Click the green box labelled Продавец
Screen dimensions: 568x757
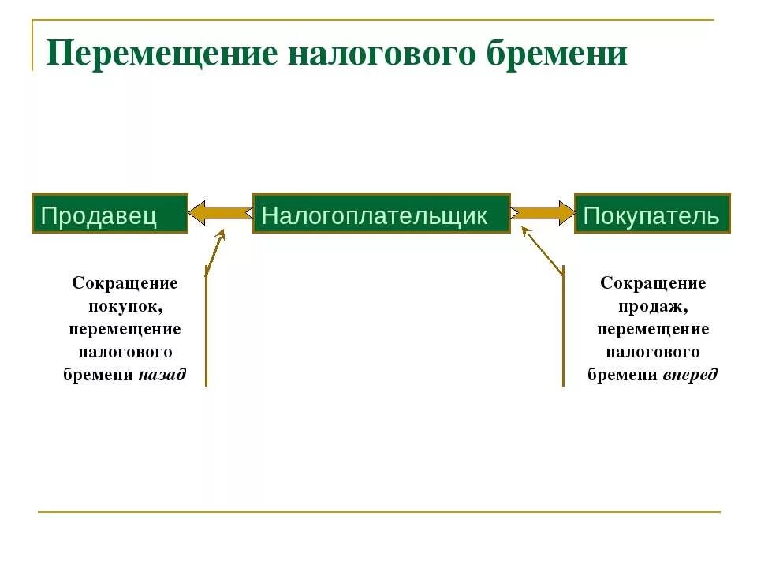(110, 214)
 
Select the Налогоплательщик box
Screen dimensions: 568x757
(381, 214)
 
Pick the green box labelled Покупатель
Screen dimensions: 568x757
(652, 214)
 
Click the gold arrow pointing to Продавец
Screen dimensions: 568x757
(219, 213)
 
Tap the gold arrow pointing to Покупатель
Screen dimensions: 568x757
(543, 213)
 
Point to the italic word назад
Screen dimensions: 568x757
(162, 375)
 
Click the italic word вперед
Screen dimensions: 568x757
(690, 375)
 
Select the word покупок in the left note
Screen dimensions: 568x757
(125, 306)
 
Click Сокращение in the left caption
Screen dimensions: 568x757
(125, 283)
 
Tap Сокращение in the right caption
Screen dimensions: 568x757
(653, 283)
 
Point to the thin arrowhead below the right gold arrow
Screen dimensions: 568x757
(526, 232)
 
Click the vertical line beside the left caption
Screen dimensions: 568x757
(206, 331)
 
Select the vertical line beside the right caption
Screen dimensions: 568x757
(563, 331)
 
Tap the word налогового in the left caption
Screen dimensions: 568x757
(125, 352)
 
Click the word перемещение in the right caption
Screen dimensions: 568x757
(653, 329)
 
